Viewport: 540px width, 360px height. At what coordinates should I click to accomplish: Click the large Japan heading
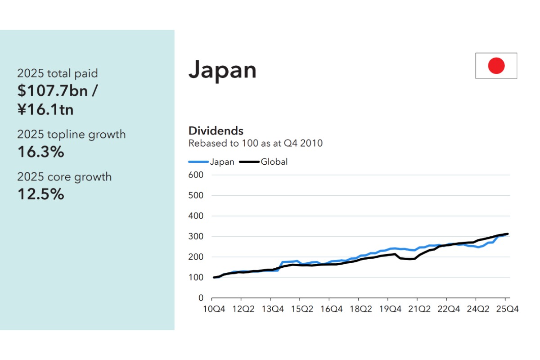pyautogui.click(x=222, y=70)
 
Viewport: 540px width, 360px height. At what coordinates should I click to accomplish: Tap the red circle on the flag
pyautogui.click(x=496, y=66)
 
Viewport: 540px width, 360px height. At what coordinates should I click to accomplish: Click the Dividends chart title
pyautogui.click(x=216, y=131)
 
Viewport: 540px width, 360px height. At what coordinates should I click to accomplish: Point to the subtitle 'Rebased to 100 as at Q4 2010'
pyautogui.click(x=255, y=144)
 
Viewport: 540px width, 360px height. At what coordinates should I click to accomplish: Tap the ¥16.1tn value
pyautogui.click(x=45, y=109)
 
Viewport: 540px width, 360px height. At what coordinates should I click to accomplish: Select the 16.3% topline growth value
pyautogui.click(x=40, y=152)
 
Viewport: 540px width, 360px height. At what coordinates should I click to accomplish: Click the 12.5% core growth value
pyautogui.click(x=40, y=194)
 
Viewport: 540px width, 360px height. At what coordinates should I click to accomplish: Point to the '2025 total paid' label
pyautogui.click(x=57, y=73)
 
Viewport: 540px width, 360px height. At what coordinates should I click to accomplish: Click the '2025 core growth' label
pyautogui.click(x=64, y=177)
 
